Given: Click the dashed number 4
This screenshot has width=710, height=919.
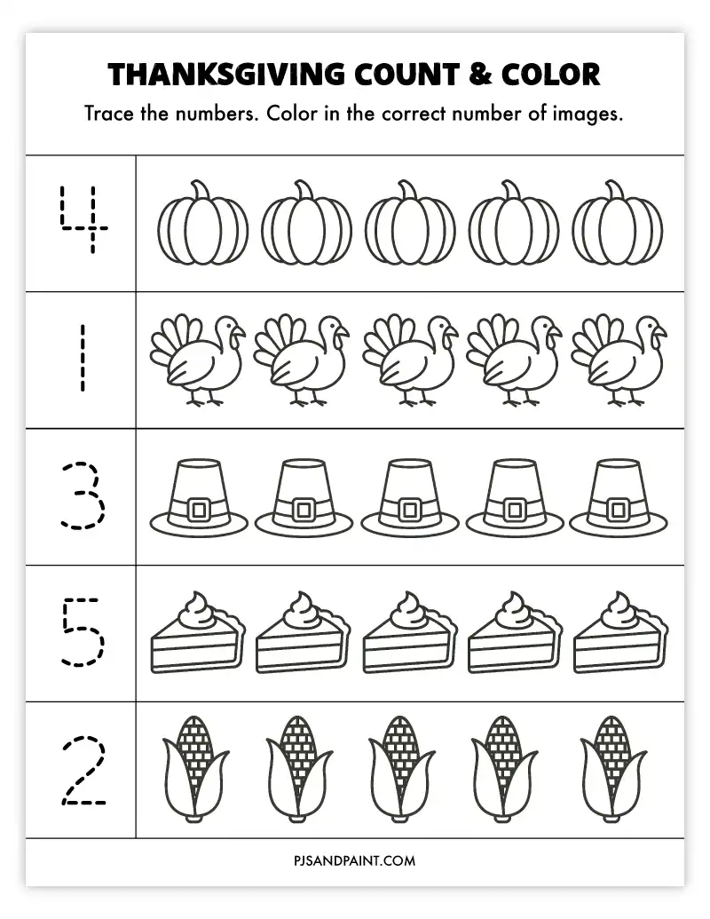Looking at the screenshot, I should (83, 219).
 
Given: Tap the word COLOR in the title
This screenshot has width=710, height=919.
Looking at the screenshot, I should (550, 75).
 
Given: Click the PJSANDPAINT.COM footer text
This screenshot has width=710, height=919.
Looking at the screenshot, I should (355, 860).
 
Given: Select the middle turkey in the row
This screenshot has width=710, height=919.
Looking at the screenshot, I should (410, 360).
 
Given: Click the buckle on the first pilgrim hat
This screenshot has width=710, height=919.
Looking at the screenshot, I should (201, 510).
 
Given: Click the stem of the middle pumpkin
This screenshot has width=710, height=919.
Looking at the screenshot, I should (407, 190).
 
